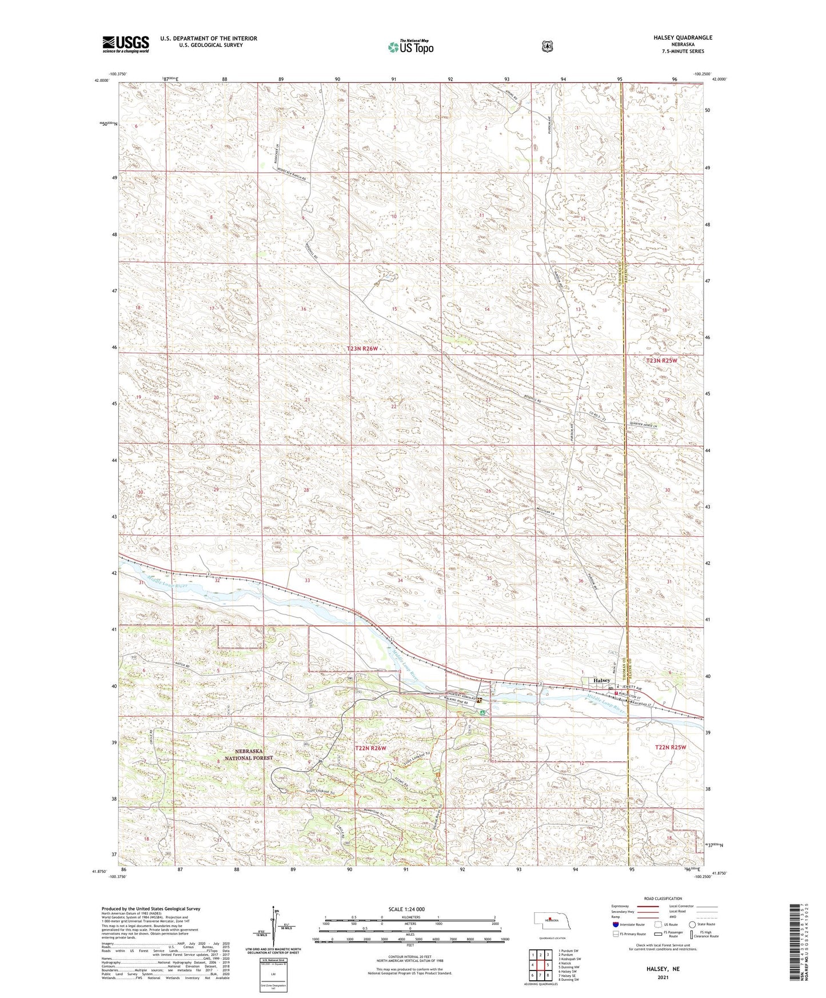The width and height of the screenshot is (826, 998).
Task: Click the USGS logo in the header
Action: [125, 43]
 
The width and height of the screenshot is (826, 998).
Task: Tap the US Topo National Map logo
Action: [410, 46]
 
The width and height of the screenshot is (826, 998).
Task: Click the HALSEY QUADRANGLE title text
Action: [683, 37]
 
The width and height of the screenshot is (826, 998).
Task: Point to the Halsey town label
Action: [602, 681]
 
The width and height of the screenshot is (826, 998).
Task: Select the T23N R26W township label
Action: [363, 348]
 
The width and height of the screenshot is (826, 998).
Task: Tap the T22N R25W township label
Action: [670, 747]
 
